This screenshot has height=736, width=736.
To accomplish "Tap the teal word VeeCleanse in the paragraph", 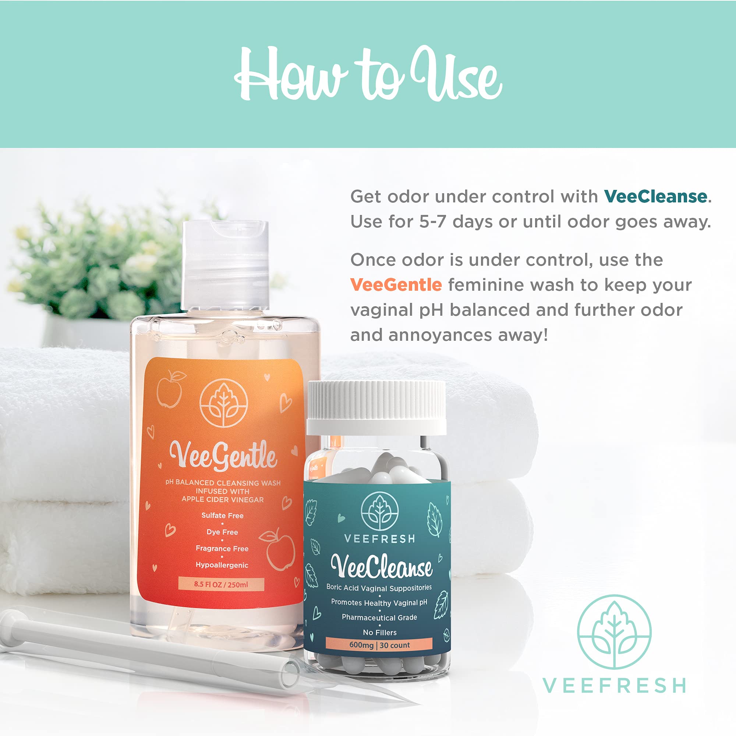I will (x=655, y=197).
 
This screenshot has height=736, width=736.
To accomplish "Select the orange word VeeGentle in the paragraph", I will (x=396, y=285).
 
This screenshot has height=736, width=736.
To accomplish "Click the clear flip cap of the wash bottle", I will (x=226, y=263).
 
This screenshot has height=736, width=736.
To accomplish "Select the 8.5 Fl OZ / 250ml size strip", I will (x=221, y=584).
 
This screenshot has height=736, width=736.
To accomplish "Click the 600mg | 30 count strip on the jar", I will (x=379, y=645).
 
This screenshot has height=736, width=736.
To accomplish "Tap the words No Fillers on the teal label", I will (x=379, y=632).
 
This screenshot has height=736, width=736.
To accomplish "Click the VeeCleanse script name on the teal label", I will (x=381, y=566).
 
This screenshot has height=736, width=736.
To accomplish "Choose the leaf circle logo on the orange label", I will (x=224, y=403).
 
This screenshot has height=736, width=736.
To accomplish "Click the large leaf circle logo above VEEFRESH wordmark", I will (x=614, y=631).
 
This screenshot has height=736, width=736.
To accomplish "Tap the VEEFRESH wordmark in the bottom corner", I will (x=614, y=686).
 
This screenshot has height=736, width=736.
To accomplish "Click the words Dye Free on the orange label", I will (x=222, y=532).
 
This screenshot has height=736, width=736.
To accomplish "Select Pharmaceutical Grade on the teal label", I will (x=379, y=617).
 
